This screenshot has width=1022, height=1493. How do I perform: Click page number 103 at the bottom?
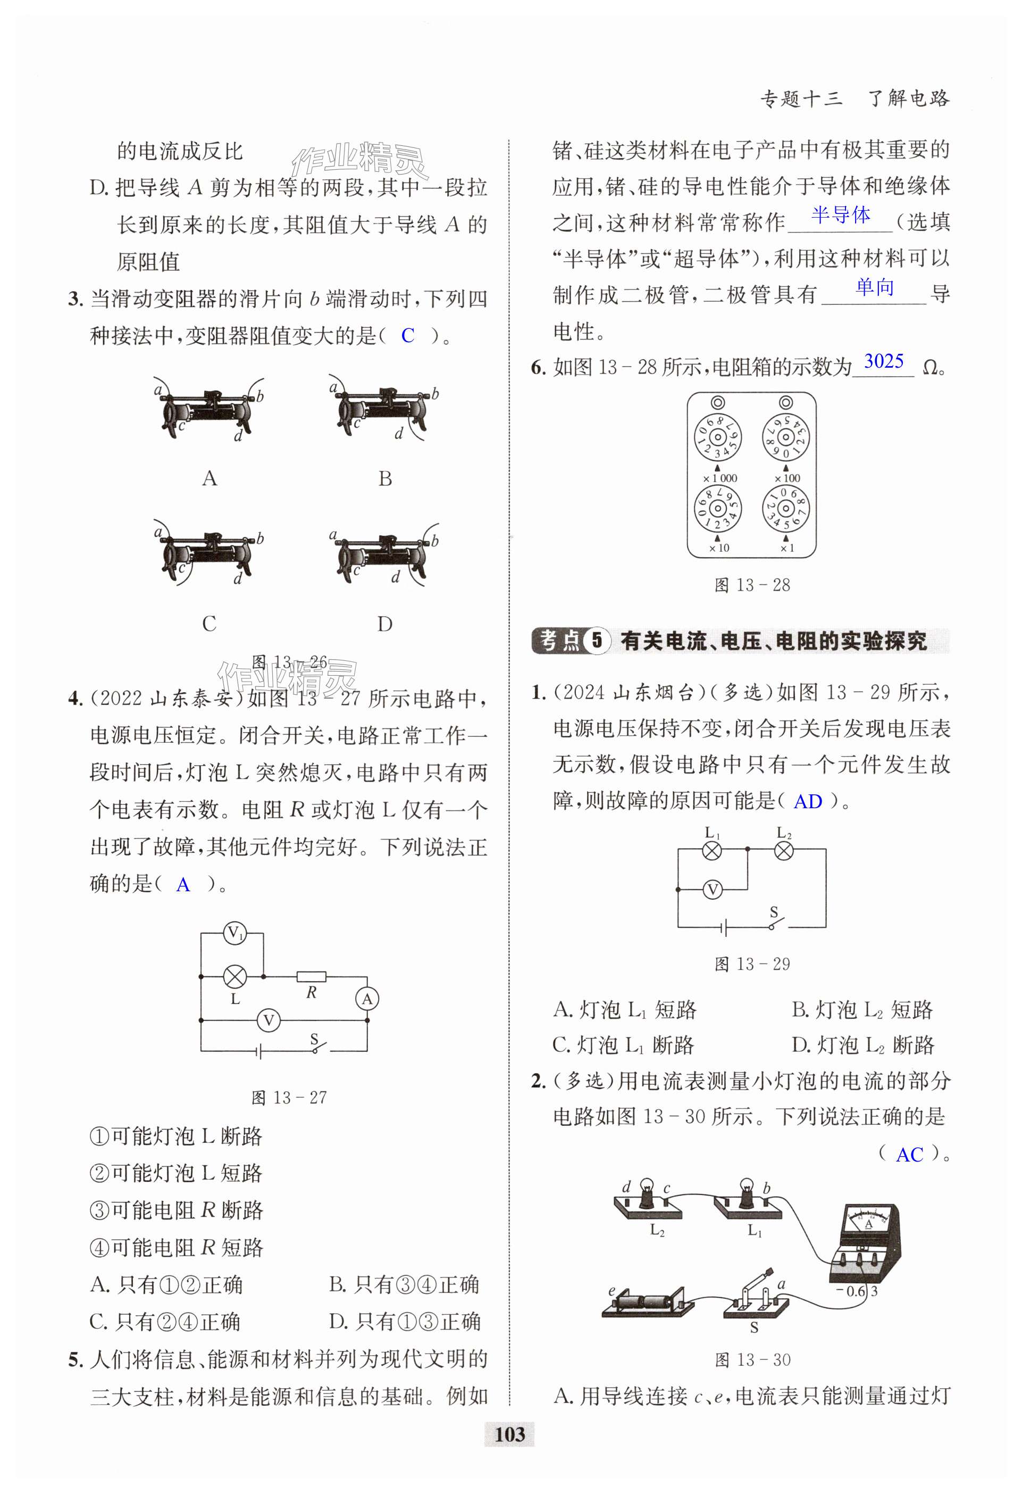(x=510, y=1434)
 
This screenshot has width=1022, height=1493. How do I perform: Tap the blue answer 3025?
(x=883, y=362)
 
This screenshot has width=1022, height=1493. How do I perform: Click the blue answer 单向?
(x=874, y=287)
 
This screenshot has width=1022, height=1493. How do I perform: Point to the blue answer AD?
(x=808, y=802)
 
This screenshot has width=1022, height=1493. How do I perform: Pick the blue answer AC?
(x=909, y=1155)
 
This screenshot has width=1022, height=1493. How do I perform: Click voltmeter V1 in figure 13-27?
(x=235, y=933)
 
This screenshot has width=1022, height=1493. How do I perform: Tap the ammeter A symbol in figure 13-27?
(x=367, y=998)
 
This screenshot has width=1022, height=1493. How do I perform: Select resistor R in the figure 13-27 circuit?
(x=312, y=977)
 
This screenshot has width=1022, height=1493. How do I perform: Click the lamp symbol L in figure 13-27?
(x=235, y=977)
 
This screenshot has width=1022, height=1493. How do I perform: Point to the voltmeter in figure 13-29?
(x=713, y=890)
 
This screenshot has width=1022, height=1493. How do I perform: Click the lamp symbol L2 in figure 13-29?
(x=784, y=851)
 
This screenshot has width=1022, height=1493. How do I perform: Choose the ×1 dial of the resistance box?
(x=786, y=508)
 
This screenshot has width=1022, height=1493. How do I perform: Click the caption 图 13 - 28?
(x=752, y=585)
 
